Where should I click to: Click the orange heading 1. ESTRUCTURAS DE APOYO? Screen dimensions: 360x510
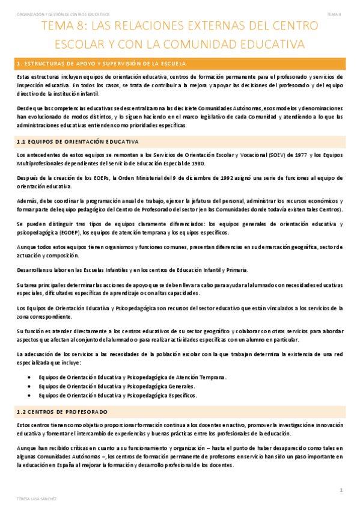pyautogui.click(x=102, y=63)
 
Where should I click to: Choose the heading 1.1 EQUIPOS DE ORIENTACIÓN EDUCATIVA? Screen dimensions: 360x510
pyautogui.click(x=78, y=141)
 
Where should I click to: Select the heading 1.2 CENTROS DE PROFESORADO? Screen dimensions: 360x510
pyautogui.click(x=63, y=411)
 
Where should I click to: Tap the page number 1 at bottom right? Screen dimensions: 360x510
pyautogui.click(x=341, y=490)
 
